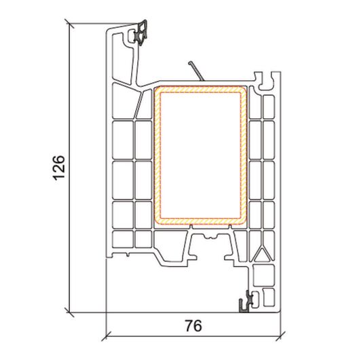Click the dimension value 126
pyautogui.click(x=59, y=168)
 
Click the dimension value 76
pyautogui.click(x=194, y=326)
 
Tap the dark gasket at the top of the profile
pyautogui.click(x=141, y=33)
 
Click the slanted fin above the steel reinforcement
pyautogui.click(x=196, y=71)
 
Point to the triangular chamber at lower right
pyautogui.click(x=262, y=254)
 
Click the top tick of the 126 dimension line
pyautogui.click(x=69, y=23)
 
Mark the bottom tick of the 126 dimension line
pyautogui.click(x=69, y=312)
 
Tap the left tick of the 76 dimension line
pyautogui.click(x=106, y=337)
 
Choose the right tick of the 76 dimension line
pyautogui.click(x=281, y=337)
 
